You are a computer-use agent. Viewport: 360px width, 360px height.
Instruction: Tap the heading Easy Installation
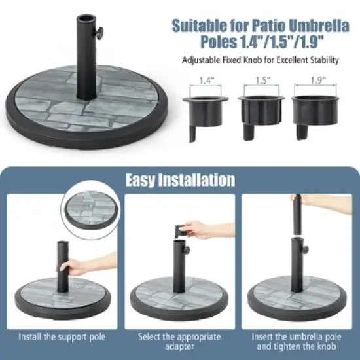180,179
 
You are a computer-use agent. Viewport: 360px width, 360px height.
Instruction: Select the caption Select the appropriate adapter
180,342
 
